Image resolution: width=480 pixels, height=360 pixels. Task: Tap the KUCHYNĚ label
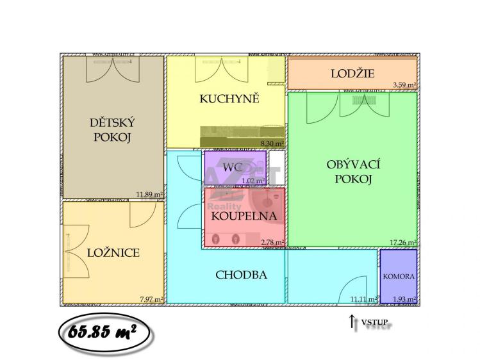coord(229,99)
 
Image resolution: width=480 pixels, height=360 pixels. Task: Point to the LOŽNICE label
coord(113,252)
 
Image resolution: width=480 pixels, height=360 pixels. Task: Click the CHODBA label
coord(241,275)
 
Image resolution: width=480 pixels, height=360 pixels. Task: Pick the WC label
coord(232,167)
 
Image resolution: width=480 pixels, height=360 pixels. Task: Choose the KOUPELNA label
coord(244,216)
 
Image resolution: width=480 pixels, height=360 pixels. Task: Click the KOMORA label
coord(399,277)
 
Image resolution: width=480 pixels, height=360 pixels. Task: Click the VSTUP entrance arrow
coord(352,322)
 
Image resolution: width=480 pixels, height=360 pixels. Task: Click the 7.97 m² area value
coord(151,299)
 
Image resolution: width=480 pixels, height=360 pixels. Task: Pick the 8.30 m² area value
coord(272,145)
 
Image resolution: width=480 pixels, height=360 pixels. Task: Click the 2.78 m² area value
coord(272,242)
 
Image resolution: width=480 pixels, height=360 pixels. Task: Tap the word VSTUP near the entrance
coord(374,322)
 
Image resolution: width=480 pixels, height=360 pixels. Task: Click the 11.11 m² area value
coord(363,299)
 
